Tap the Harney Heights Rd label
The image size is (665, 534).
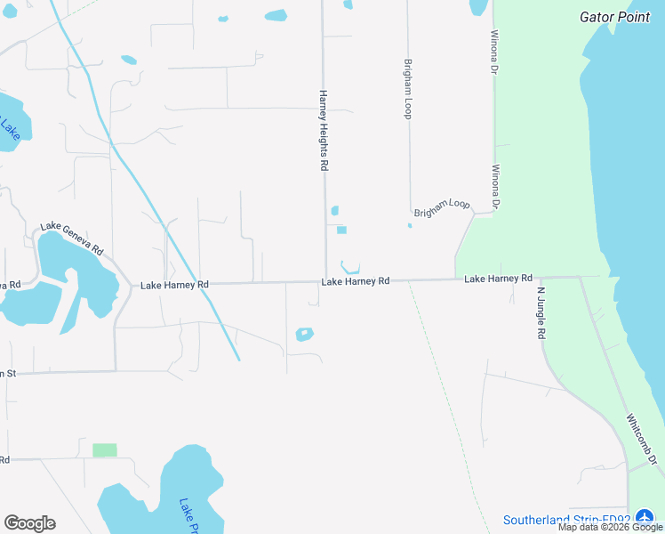(324, 130)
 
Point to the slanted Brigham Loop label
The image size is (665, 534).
(442, 209)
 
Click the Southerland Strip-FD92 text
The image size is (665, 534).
(566, 520)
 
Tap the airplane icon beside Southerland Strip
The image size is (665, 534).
(645, 518)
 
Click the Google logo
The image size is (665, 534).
(29, 523)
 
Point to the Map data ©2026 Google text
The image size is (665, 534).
(610, 528)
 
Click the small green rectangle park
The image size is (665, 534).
(105, 450)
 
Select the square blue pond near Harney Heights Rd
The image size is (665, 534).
(341, 231)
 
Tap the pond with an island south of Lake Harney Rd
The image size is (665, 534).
(305, 335)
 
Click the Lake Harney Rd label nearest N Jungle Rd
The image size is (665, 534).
(498, 279)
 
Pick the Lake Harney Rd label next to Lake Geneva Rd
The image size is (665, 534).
(175, 285)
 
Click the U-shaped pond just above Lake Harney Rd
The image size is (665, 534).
(349, 267)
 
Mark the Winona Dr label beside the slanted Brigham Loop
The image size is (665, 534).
(495, 186)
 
